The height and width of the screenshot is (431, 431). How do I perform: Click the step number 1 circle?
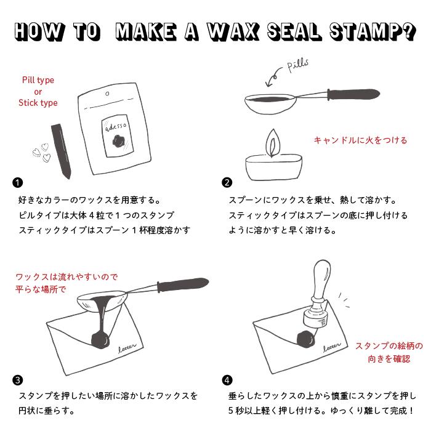17,182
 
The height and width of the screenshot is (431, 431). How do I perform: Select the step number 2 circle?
227,182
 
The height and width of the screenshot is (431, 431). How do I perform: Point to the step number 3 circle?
17,380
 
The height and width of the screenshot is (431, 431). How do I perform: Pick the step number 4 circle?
227,380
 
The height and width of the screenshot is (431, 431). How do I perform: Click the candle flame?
270,144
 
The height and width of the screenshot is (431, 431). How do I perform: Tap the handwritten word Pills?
297,66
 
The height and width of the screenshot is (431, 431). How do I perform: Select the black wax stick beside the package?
61,150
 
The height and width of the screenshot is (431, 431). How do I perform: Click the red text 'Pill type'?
38,80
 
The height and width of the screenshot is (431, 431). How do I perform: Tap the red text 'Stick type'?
38,103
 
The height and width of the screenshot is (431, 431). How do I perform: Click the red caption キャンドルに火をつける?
360,140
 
